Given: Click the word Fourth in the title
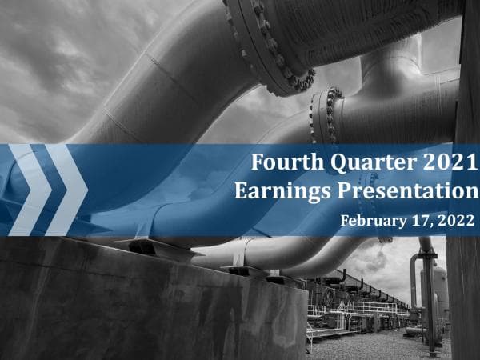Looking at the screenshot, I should pyautogui.click(x=279, y=163).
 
